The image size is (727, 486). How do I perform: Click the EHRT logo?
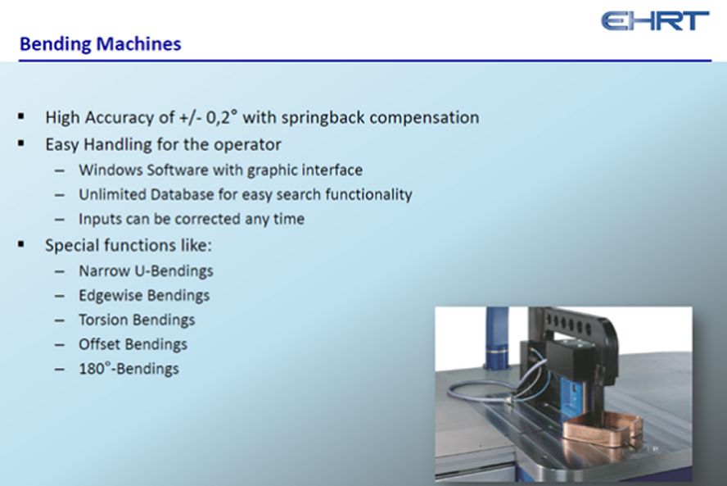tap(655, 20)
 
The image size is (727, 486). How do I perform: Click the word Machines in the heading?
tap(138, 43)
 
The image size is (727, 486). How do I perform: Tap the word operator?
tap(247, 145)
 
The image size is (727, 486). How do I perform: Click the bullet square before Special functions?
tap(20, 244)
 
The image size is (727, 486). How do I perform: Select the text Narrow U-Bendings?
tap(146, 270)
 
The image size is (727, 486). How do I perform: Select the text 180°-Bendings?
tap(129, 369)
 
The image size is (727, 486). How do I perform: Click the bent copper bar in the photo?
tap(603, 429)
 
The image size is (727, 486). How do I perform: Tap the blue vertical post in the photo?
tap(497, 338)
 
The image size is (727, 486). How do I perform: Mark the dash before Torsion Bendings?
tap(59, 320)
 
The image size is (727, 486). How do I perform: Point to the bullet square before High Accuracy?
tap(20, 116)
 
